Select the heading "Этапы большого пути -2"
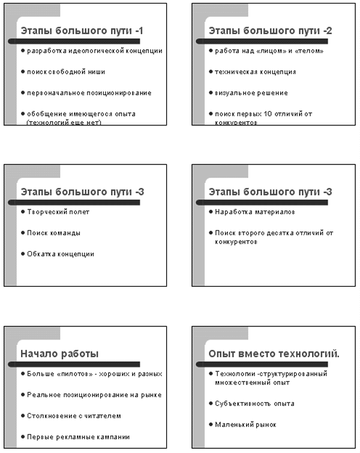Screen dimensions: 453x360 270,31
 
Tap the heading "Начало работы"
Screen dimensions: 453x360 59,354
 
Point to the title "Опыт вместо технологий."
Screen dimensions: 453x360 274,354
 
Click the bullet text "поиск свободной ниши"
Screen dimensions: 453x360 66,72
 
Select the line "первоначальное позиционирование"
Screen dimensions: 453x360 89,93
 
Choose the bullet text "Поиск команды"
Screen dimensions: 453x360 54,233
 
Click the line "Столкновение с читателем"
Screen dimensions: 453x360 74,415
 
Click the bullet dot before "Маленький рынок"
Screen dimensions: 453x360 210,424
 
